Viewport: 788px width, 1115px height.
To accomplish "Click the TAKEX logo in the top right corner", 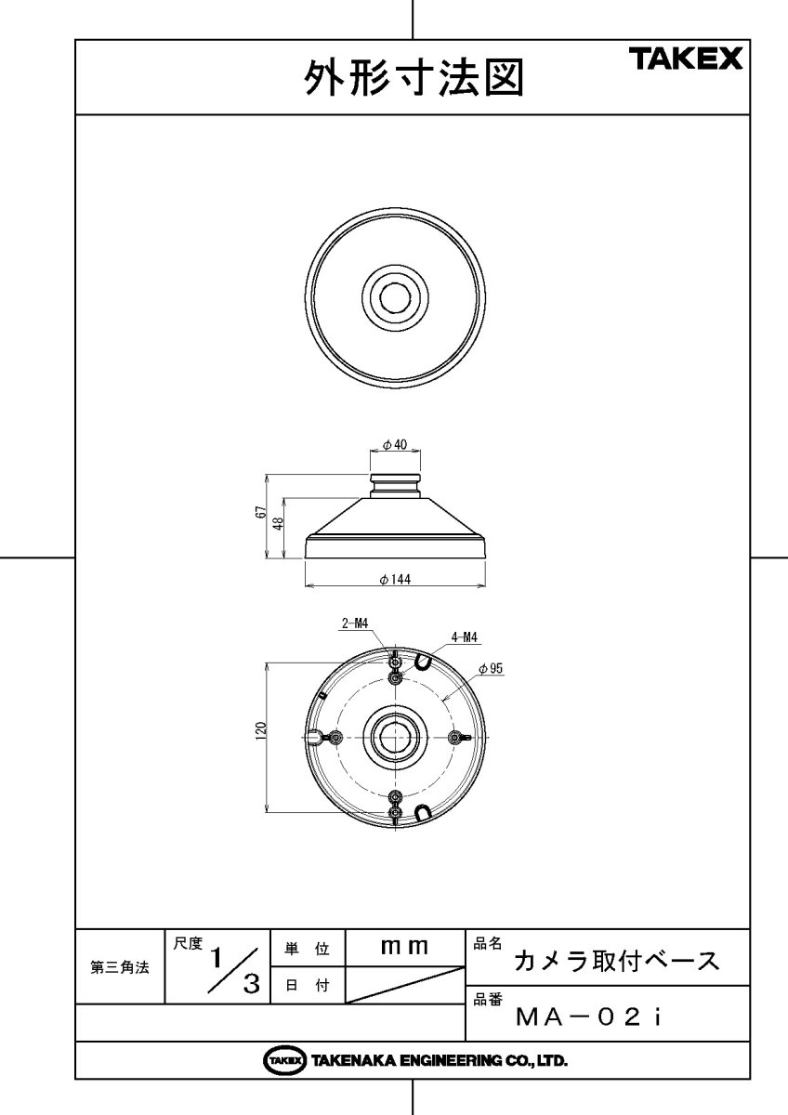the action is click(x=689, y=59).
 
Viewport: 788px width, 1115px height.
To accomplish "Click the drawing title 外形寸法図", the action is click(x=414, y=78).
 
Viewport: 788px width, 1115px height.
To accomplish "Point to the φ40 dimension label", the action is click(x=395, y=444).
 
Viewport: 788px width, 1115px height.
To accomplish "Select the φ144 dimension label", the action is click(x=395, y=580).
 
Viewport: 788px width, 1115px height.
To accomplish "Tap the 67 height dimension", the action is click(x=260, y=512).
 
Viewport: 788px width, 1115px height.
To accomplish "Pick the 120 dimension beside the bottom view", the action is click(x=260, y=730).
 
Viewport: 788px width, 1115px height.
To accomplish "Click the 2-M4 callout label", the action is click(x=354, y=623).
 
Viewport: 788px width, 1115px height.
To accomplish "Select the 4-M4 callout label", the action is click(x=464, y=637).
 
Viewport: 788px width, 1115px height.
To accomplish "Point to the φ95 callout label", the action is click(x=491, y=668).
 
